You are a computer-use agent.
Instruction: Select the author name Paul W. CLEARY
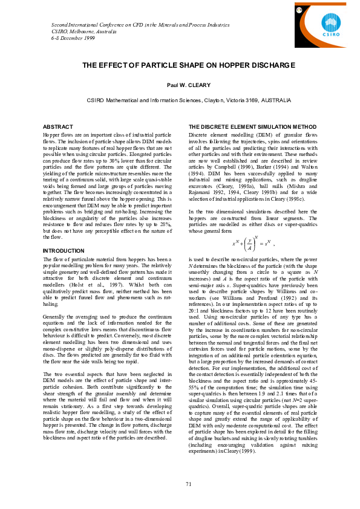180,86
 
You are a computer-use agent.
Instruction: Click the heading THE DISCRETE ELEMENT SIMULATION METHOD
252,126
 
